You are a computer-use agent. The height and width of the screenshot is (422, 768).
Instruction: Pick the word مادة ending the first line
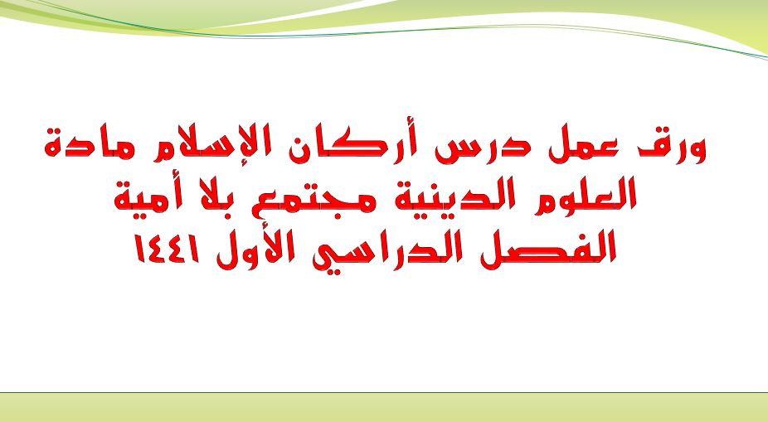88,145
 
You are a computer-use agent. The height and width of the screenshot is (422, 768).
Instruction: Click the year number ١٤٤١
168,249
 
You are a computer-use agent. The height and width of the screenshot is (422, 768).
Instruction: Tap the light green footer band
384,407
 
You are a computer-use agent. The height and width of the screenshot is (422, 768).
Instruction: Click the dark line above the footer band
384,392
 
